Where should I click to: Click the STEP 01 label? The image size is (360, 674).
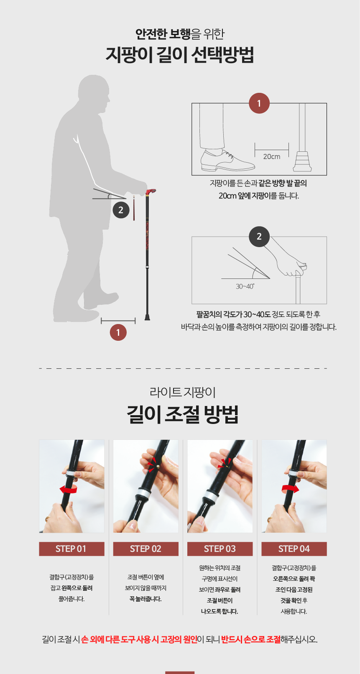[x=71, y=549]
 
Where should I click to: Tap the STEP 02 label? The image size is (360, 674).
[x=146, y=549]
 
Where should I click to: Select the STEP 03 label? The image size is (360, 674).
[x=220, y=549]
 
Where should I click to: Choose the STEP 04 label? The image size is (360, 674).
[x=294, y=549]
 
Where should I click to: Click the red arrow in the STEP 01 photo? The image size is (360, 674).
[x=69, y=489]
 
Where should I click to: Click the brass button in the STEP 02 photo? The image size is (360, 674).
[x=158, y=467]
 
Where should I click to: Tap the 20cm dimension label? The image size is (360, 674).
[x=271, y=156]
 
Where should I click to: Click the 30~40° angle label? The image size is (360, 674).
[x=245, y=286]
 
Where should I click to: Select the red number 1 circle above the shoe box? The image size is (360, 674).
[x=259, y=103]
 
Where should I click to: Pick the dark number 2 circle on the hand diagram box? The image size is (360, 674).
[x=259, y=237]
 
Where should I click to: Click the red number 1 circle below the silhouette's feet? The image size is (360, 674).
[x=118, y=332]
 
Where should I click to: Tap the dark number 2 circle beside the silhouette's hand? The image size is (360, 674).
[x=121, y=210]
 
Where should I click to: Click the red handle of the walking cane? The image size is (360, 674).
[x=150, y=192]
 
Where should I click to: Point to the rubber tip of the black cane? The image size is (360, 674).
[x=147, y=317]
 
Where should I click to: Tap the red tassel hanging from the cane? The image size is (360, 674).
[x=134, y=208]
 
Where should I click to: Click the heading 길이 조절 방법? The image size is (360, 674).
[x=182, y=415]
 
